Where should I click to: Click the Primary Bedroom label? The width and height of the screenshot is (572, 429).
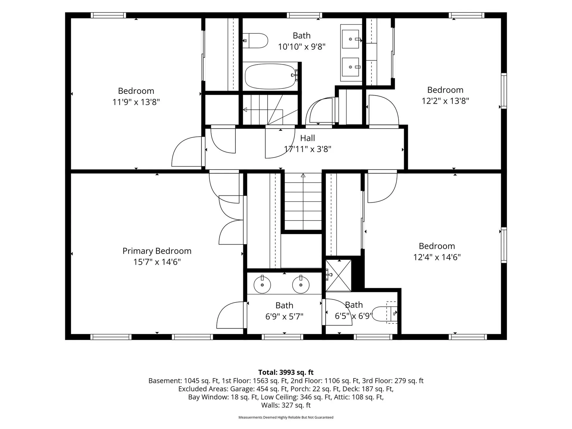click(x=157, y=251)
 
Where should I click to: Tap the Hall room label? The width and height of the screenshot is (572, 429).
click(x=307, y=138)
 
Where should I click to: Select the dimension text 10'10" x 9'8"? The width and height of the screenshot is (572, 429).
click(x=301, y=47)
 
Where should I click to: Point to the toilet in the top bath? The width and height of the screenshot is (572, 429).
click(x=256, y=41)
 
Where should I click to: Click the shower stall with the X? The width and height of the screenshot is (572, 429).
click(x=338, y=275)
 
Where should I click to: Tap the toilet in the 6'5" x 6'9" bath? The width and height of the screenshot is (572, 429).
click(x=385, y=314)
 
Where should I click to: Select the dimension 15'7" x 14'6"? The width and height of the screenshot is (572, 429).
click(x=157, y=262)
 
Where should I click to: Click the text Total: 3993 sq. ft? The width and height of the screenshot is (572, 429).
click(x=286, y=372)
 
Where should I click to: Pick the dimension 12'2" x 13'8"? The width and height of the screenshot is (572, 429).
click(x=445, y=101)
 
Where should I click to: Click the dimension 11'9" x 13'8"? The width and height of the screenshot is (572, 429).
click(x=136, y=102)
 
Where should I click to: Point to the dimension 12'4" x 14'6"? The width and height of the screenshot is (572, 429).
click(x=437, y=257)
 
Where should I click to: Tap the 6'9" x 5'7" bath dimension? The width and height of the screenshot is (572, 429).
click(x=284, y=316)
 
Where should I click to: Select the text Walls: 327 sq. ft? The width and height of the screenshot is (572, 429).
click(x=286, y=405)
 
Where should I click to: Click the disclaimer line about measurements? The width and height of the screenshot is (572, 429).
click(x=286, y=417)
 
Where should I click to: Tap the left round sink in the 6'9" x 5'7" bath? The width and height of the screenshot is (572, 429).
click(x=262, y=285)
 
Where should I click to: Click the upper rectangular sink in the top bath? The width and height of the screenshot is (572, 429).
click(x=351, y=39)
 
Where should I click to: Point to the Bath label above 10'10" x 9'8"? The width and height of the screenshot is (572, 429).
click(x=301, y=35)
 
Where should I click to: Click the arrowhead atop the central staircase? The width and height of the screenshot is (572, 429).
click(x=303, y=175)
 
